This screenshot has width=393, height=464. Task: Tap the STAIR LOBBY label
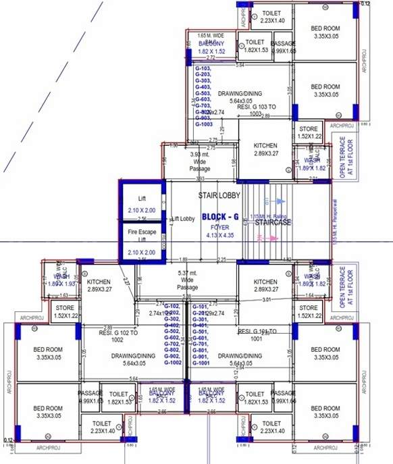[215, 196]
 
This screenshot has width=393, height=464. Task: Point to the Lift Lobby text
[184, 220]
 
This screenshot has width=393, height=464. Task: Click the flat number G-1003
[204, 125]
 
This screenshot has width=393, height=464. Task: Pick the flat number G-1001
[201, 363]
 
